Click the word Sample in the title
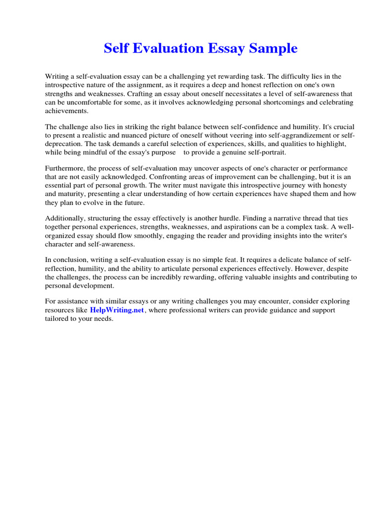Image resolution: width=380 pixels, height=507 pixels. (x=274, y=49)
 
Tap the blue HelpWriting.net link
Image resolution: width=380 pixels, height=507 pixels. (x=117, y=310)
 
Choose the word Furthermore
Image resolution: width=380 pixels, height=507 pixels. (x=65, y=169)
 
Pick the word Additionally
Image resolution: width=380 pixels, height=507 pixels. (x=65, y=218)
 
